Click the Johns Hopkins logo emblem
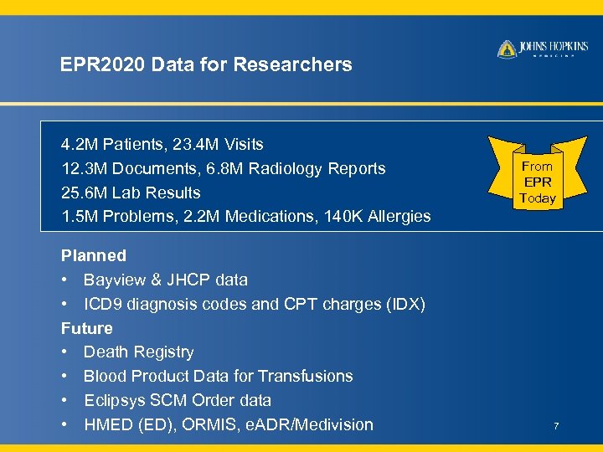pyautogui.click(x=507, y=49)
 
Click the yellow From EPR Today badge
pyautogui.click(x=537, y=182)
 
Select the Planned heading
pyautogui.click(x=94, y=255)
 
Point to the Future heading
pyautogui.click(x=86, y=328)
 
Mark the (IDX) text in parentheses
pyautogui.click(x=404, y=304)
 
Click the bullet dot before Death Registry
pyautogui.click(x=64, y=352)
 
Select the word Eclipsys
pyautogui.click(x=114, y=400)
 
